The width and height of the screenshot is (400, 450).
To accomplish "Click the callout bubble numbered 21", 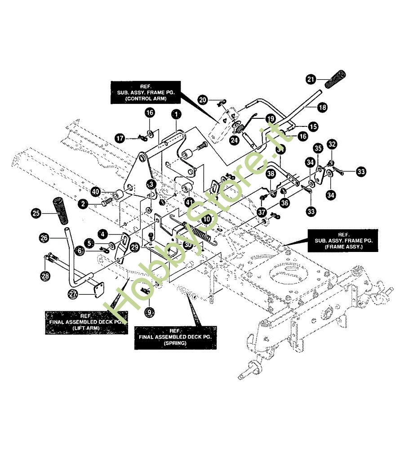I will tap(311, 79).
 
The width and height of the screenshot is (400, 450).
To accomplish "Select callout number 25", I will tap(35, 213).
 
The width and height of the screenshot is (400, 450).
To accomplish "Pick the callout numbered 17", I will tap(120, 139).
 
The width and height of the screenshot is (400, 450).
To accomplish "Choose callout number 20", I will tap(203, 99).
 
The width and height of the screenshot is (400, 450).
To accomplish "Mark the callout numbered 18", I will tap(322, 108).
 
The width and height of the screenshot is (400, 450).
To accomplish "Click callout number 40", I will tap(95, 192).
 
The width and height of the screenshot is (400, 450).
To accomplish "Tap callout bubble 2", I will tap(83, 204).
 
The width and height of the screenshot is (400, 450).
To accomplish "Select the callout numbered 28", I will tap(45, 276).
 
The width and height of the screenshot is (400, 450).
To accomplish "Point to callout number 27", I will tap(73, 294).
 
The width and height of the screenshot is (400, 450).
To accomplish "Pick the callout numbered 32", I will tap(332, 144).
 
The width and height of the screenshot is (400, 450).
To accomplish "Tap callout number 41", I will tap(189, 202).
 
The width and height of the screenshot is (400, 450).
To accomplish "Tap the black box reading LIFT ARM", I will tap(85, 322).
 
